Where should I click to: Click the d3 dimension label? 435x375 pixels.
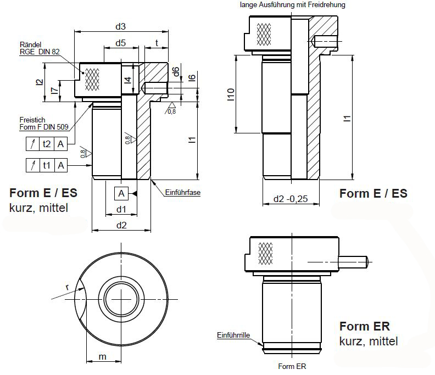coord(121,26)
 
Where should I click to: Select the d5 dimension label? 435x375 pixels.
coord(121,42)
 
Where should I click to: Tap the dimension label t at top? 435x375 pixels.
coord(158,42)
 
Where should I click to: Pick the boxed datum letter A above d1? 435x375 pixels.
coord(122,193)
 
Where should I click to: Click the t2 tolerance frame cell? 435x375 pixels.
coord(47,144)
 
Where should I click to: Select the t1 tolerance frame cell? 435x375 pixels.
coord(47,165)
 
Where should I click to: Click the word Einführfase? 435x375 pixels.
coord(182,193)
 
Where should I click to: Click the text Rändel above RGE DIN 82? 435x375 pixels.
coord(31,44)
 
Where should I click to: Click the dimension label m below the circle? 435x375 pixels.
coord(102,357)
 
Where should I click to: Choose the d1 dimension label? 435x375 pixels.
coord(121,209)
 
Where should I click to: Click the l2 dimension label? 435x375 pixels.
coord(38,82)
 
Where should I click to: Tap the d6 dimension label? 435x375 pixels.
coord(175,71)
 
